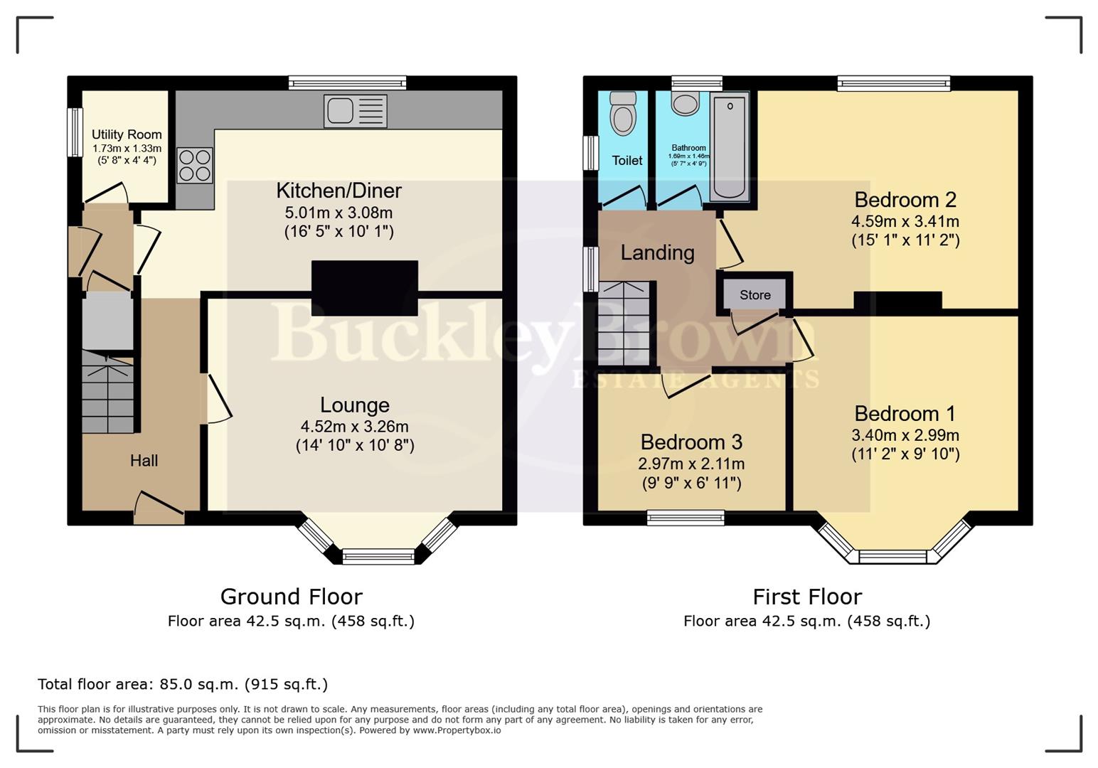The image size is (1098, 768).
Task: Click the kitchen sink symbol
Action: pos(355,111)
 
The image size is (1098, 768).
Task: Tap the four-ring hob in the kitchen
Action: pos(194,165)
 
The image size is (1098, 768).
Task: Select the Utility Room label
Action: pos(127,134)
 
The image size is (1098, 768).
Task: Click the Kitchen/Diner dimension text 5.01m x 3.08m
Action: pos(339,213)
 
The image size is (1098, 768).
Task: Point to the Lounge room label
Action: pos(354,405)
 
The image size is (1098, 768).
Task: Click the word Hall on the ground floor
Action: pos(144,461)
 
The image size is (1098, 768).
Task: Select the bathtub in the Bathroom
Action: pos(729,147)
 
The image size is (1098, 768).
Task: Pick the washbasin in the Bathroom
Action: pos(686,104)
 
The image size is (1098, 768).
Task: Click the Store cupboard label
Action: pos(755,295)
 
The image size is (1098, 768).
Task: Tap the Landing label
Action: pos(657,252)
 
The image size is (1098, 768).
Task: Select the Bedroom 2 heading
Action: pos(905,200)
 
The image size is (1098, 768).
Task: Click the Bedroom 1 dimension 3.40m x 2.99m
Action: pos(905,435)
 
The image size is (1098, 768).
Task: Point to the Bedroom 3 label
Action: pos(691,442)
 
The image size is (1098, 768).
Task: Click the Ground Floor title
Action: pos(291,596)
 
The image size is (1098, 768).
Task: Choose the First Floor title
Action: pos(806,596)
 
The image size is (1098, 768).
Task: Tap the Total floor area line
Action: pos(183,684)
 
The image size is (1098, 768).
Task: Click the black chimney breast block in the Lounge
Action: pos(364,288)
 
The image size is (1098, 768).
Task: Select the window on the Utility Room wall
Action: pos(74,132)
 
